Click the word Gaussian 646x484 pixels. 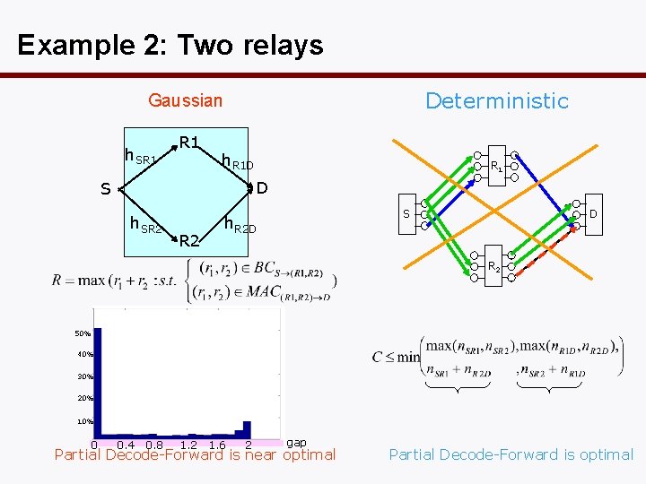[x=185, y=100]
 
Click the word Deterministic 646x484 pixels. [x=496, y=100]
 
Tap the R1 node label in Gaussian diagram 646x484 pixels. [x=188, y=142]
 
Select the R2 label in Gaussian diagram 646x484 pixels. [x=188, y=240]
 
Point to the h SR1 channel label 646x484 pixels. [x=142, y=159]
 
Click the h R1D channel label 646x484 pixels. [x=238, y=161]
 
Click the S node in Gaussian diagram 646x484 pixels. [x=106, y=190]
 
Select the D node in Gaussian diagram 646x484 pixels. [x=261, y=188]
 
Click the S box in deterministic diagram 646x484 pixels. [x=406, y=214]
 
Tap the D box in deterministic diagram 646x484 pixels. [x=593, y=214]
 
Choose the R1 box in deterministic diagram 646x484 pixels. [x=496, y=165]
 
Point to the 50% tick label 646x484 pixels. [x=83, y=333]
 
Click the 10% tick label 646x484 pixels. [x=83, y=421]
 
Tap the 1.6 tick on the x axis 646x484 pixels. [x=215, y=445]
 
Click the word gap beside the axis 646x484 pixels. [x=296, y=443]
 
